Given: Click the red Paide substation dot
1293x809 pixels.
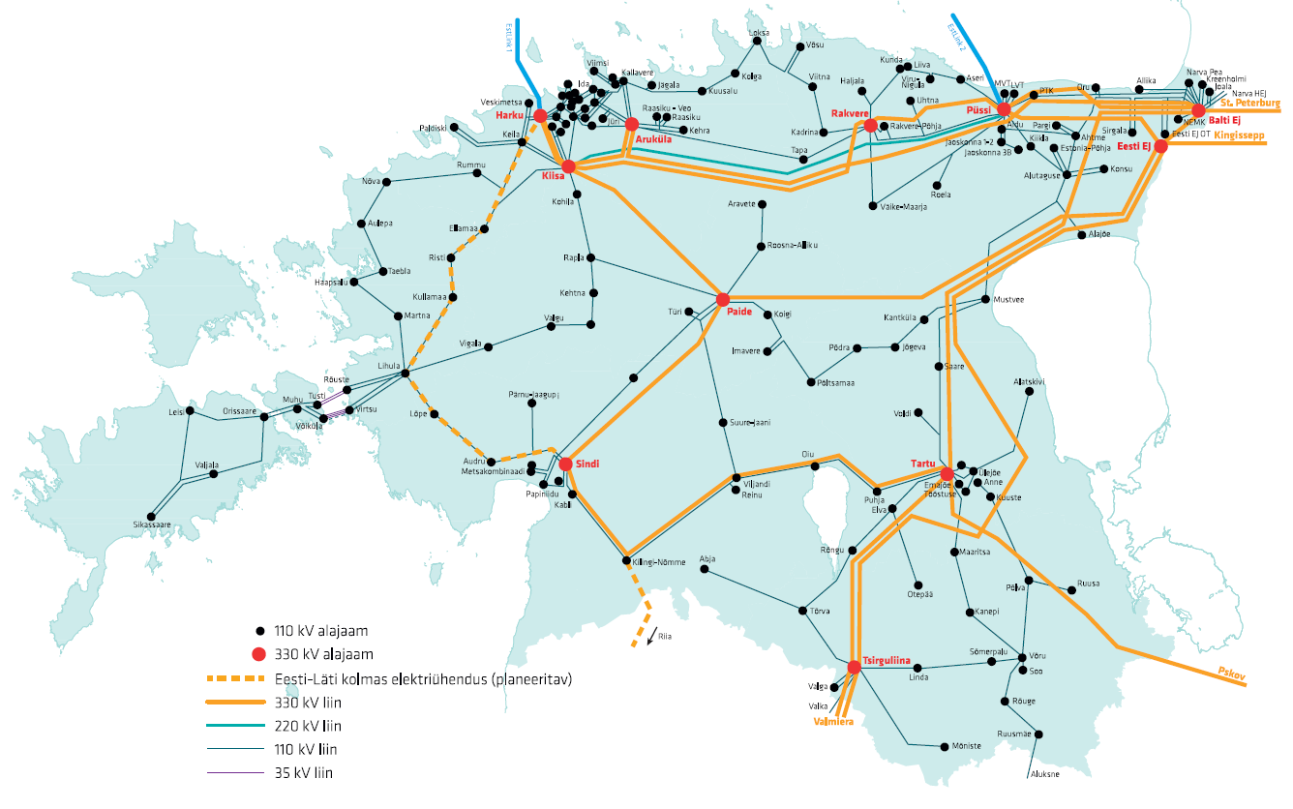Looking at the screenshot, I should coord(722,299).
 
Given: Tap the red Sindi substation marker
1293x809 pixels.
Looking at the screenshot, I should coord(566,464).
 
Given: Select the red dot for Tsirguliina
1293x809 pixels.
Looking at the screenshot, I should coord(854,667).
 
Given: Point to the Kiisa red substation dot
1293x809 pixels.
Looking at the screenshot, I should coord(569,166).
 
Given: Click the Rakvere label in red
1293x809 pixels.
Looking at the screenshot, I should coord(850,114).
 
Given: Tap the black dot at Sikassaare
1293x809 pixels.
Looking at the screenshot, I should coord(150,517).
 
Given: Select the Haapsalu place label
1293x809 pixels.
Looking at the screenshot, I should coord(330,282).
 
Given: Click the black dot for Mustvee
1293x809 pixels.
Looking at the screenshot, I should coord(984,299).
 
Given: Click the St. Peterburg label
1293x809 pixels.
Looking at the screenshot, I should coord(1250,102).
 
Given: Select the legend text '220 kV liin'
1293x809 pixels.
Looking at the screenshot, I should coord(308,725).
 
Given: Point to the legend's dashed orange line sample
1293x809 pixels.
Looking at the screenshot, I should coord(233,678).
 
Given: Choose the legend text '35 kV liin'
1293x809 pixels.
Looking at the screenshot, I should coord(304,772).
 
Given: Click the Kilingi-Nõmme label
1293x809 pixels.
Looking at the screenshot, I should coord(658,562).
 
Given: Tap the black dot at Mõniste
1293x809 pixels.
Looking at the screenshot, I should coord(943,746).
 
